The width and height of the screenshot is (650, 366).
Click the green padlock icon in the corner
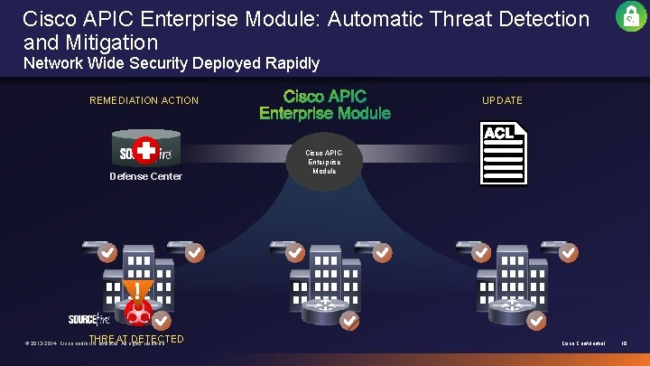tap(631, 16)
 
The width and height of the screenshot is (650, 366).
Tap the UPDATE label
tap(502, 100)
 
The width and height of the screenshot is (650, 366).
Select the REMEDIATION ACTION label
tap(144, 100)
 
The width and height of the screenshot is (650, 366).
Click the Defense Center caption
tap(145, 176)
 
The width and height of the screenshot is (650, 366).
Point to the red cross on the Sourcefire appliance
tap(144, 150)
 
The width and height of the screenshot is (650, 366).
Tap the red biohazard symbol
tap(137, 313)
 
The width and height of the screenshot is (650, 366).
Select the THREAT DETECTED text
tap(136, 340)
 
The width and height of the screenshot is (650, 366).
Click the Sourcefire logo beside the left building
tap(89, 319)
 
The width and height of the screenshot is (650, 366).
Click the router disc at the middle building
tap(326, 312)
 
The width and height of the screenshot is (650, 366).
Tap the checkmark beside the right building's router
tap(535, 321)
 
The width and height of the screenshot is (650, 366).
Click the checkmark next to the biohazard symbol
tap(162, 321)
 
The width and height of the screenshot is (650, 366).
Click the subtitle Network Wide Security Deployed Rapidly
tap(172, 63)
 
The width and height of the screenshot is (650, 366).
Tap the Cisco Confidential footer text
tap(583, 343)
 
